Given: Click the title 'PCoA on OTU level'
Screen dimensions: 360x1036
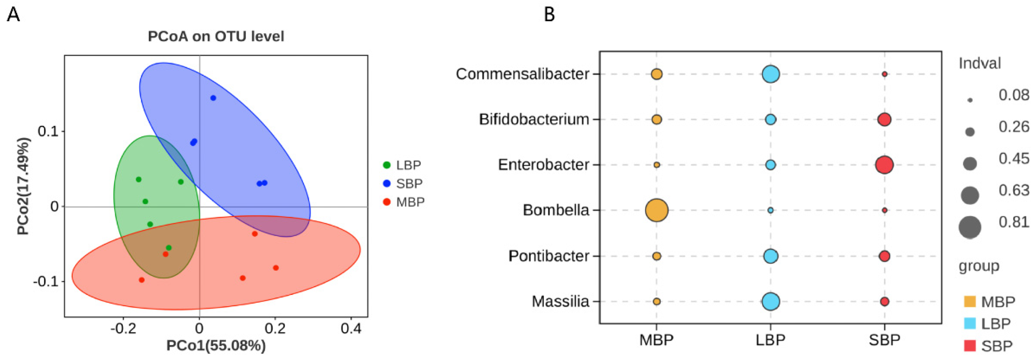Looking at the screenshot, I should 216,36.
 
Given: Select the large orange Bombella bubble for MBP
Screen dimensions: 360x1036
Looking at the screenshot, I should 657,210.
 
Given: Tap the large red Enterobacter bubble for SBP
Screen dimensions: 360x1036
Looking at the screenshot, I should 884,165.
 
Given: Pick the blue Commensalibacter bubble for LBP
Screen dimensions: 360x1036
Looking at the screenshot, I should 770,74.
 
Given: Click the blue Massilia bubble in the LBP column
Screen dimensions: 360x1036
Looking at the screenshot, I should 770,301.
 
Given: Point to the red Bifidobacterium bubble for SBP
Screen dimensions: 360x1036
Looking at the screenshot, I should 884,120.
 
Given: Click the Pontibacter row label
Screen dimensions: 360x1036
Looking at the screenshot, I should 549,256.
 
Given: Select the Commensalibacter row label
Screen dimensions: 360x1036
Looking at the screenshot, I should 522,74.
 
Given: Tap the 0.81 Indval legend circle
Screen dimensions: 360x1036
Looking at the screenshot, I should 970,227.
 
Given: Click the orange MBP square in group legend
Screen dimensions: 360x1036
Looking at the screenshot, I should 970,301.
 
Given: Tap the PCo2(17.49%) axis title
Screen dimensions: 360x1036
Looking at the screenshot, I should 23,186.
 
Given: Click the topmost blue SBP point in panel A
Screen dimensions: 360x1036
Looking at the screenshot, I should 213,98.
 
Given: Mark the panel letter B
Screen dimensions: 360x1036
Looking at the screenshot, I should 549,15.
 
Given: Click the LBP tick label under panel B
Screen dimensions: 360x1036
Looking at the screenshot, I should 770,340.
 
